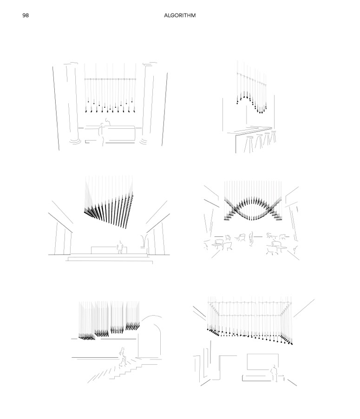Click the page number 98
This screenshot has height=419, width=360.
pyautogui.click(x=26, y=15)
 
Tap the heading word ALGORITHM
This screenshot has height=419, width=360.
pyautogui.click(x=180, y=15)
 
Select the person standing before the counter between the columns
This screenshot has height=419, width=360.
pyautogui.click(x=102, y=134)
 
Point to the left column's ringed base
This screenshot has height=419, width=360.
pyautogui.click(x=75, y=141)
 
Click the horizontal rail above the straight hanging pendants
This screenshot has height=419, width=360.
pyautogui.click(x=110, y=79)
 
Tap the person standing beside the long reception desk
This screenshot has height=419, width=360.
pyautogui.click(x=120, y=247)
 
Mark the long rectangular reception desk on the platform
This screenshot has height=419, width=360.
pyautogui.click(x=109, y=250)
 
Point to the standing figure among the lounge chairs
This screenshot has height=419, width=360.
pyautogui.click(x=251, y=238)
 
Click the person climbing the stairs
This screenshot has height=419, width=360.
pyautogui.click(x=123, y=356)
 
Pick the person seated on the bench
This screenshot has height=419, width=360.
pyautogui.click(x=274, y=373)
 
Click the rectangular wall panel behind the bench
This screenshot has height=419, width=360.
pyautogui.click(x=262, y=361)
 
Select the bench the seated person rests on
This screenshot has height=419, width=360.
pyautogui.click(x=263, y=378)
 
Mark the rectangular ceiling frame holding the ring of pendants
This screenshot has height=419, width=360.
pyautogui.click(x=249, y=309)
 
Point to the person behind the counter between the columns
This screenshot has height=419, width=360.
pyautogui.click(x=108, y=122)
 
